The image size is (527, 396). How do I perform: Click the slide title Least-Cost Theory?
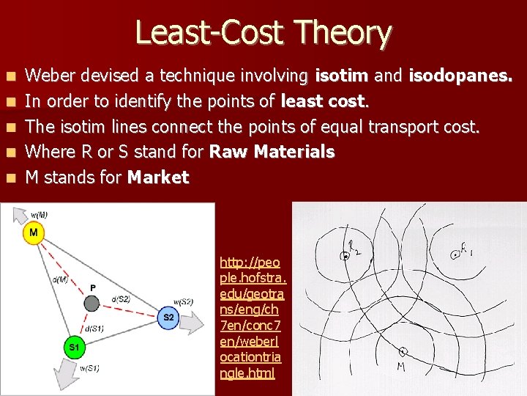[x=263, y=33]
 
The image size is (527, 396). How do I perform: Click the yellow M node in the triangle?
[x=34, y=233]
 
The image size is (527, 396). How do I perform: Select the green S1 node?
[x=74, y=346]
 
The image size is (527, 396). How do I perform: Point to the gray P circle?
[x=91, y=302]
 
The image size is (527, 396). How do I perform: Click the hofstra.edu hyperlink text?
[x=253, y=318]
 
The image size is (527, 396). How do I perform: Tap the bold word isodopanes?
[x=460, y=75]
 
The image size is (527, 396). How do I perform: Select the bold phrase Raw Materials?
[x=272, y=152]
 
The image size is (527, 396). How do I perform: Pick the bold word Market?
[x=158, y=177]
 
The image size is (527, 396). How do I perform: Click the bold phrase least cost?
[x=324, y=100]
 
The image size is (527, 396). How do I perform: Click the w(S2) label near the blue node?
[x=183, y=301]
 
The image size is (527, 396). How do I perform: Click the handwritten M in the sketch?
[x=401, y=366]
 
